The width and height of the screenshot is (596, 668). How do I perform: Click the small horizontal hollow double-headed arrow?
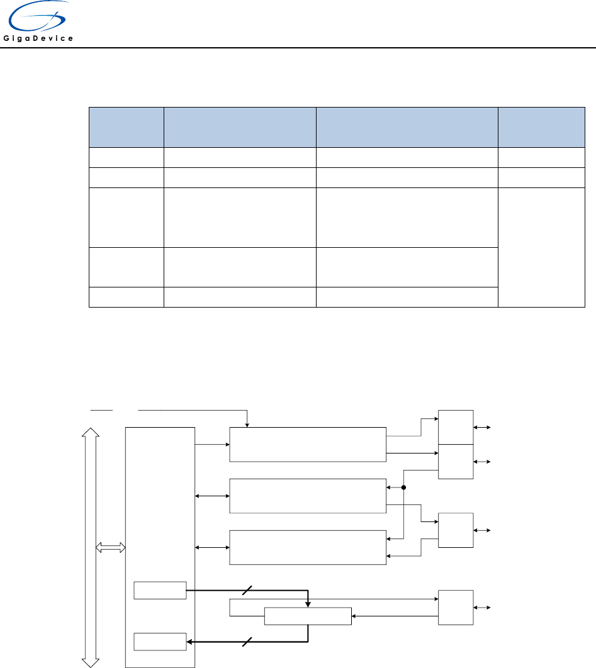click(110, 548)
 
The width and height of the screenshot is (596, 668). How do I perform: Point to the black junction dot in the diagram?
click(404, 487)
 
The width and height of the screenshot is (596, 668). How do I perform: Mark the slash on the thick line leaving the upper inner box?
click(247, 591)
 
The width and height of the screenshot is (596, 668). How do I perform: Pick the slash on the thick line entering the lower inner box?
click(247, 642)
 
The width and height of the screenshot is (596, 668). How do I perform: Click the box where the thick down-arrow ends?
click(308, 616)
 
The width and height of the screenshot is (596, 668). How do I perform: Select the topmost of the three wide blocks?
click(308, 444)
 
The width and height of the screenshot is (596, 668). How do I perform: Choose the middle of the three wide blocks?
click(308, 496)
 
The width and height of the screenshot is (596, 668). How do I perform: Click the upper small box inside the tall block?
click(160, 591)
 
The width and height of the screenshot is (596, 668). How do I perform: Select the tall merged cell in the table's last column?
click(541, 247)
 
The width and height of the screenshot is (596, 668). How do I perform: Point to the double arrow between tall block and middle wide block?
click(212, 496)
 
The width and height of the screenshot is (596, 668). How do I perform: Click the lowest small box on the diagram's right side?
click(456, 608)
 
